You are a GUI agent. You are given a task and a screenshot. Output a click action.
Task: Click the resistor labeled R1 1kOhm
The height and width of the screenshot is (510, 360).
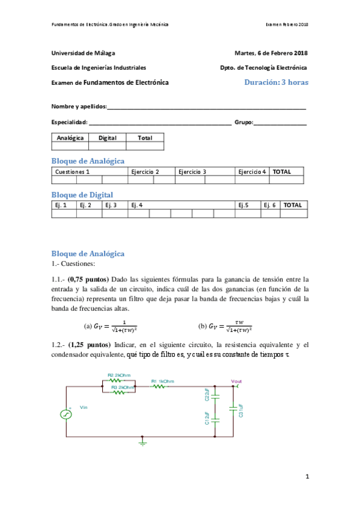click(x=159, y=386)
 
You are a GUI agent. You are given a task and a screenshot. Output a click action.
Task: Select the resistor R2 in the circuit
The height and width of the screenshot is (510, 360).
click(x=115, y=380)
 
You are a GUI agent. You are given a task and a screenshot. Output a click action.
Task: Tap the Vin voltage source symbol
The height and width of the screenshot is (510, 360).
click(x=66, y=414)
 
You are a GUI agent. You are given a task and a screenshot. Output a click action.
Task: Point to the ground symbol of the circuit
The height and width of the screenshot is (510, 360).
click(x=142, y=443)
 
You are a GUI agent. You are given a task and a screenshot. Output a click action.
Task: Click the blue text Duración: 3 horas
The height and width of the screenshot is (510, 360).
click(x=276, y=82)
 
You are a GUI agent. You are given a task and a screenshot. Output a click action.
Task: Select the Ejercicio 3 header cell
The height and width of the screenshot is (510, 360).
click(x=192, y=171)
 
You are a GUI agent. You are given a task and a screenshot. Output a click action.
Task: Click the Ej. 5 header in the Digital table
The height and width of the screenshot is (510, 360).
click(x=243, y=205)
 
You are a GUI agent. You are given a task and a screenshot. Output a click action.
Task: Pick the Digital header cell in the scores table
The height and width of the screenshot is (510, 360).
click(x=107, y=138)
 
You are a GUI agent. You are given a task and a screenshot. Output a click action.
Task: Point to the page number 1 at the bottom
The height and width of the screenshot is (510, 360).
click(x=307, y=477)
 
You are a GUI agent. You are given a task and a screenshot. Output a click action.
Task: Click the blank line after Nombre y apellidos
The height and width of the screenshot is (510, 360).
click(x=206, y=107)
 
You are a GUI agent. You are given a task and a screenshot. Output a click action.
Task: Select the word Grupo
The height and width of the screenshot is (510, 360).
click(x=243, y=122)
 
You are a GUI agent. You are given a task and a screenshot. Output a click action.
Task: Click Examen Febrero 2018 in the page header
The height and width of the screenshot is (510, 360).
click(x=287, y=24)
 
